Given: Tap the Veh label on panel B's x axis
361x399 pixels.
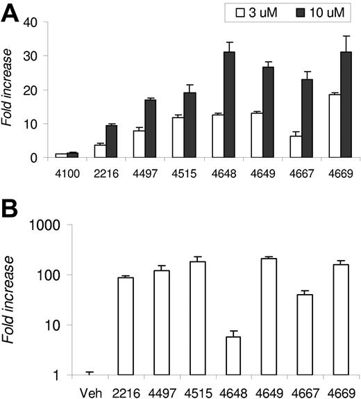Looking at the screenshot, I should pyautogui.click(x=87, y=388).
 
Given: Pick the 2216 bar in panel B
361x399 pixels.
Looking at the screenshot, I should pyautogui.click(x=126, y=326).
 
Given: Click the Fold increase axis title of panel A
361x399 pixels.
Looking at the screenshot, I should pyautogui.click(x=9, y=90).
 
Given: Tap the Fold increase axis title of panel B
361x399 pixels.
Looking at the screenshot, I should pyautogui.click(x=9, y=299).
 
